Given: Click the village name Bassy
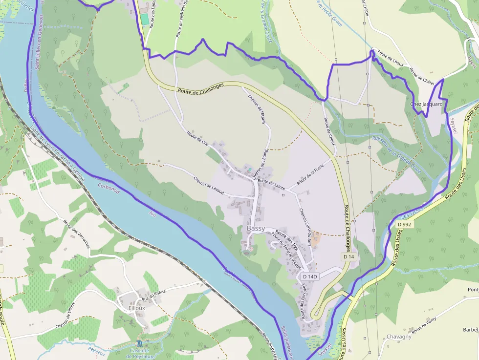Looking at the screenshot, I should tap(256, 229).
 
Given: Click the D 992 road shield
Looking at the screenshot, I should tap(405, 224).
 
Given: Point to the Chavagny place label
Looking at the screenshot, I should tap(399, 337).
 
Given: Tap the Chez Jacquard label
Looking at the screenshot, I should tap(426, 104).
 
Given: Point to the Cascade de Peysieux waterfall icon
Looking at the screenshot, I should tap(140, 344).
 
